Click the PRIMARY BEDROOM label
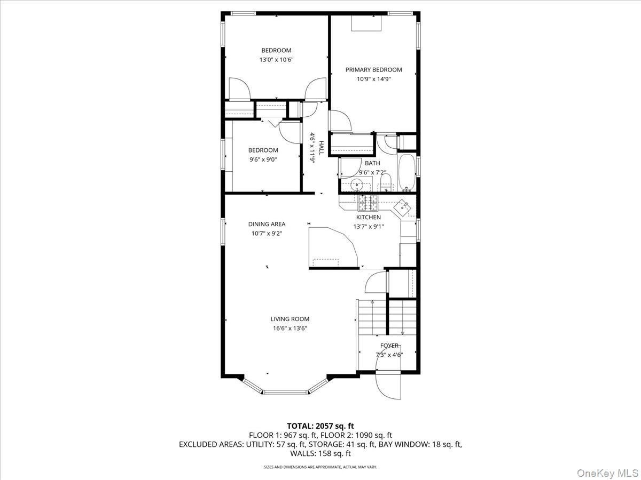373,70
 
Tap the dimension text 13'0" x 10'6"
276,60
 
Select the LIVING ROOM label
290,319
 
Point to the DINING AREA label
267,224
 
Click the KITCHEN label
369,217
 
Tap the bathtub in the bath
407,173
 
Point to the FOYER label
389,346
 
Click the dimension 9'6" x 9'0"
263,159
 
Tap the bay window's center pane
286,393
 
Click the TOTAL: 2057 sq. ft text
320,426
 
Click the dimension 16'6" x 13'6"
290,328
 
